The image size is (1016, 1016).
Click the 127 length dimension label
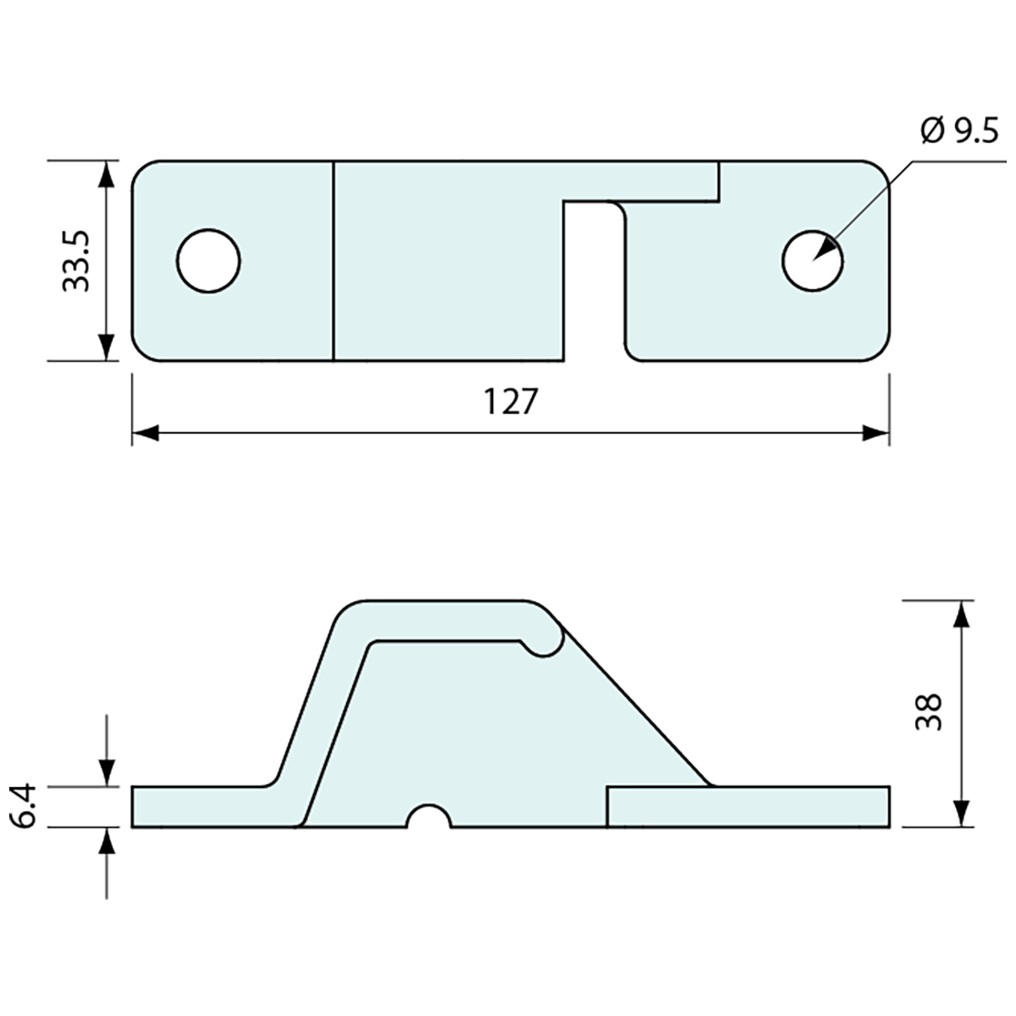(509, 402)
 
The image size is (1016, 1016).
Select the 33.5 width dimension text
(75, 261)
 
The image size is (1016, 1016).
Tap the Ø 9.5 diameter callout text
(960, 132)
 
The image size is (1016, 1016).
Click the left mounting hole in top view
(209, 260)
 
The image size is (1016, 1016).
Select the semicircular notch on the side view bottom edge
(429, 818)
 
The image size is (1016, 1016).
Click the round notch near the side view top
(544, 642)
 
